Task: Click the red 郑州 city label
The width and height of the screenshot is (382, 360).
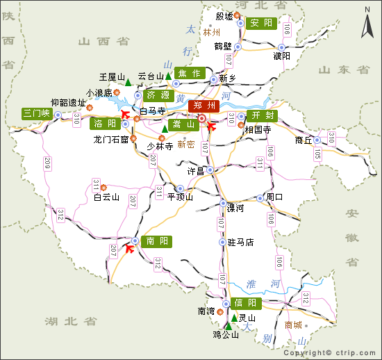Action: pyautogui.click(x=206, y=106)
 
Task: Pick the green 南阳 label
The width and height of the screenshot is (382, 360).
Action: pyautogui.click(x=156, y=242)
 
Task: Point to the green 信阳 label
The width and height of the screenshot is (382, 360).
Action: pyautogui.click(x=246, y=303)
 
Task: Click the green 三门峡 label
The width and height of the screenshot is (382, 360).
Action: pyautogui.click(x=37, y=113)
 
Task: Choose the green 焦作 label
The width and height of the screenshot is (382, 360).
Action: pyautogui.click(x=189, y=73)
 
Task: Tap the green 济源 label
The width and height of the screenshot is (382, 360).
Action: pyautogui.click(x=158, y=95)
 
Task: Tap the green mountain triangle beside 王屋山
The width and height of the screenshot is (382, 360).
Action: pyautogui.click(x=128, y=83)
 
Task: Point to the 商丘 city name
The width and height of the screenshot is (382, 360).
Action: pyautogui.click(x=304, y=140)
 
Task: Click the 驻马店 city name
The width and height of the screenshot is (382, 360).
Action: pyautogui.click(x=241, y=243)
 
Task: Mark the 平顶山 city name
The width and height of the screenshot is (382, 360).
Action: pyautogui.click(x=179, y=197)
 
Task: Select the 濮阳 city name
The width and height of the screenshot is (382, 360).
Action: pyautogui.click(x=282, y=56)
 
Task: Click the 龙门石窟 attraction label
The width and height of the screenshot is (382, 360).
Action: pyautogui.click(x=111, y=139)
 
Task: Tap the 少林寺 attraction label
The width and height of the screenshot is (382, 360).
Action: pyautogui.click(x=159, y=147)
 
